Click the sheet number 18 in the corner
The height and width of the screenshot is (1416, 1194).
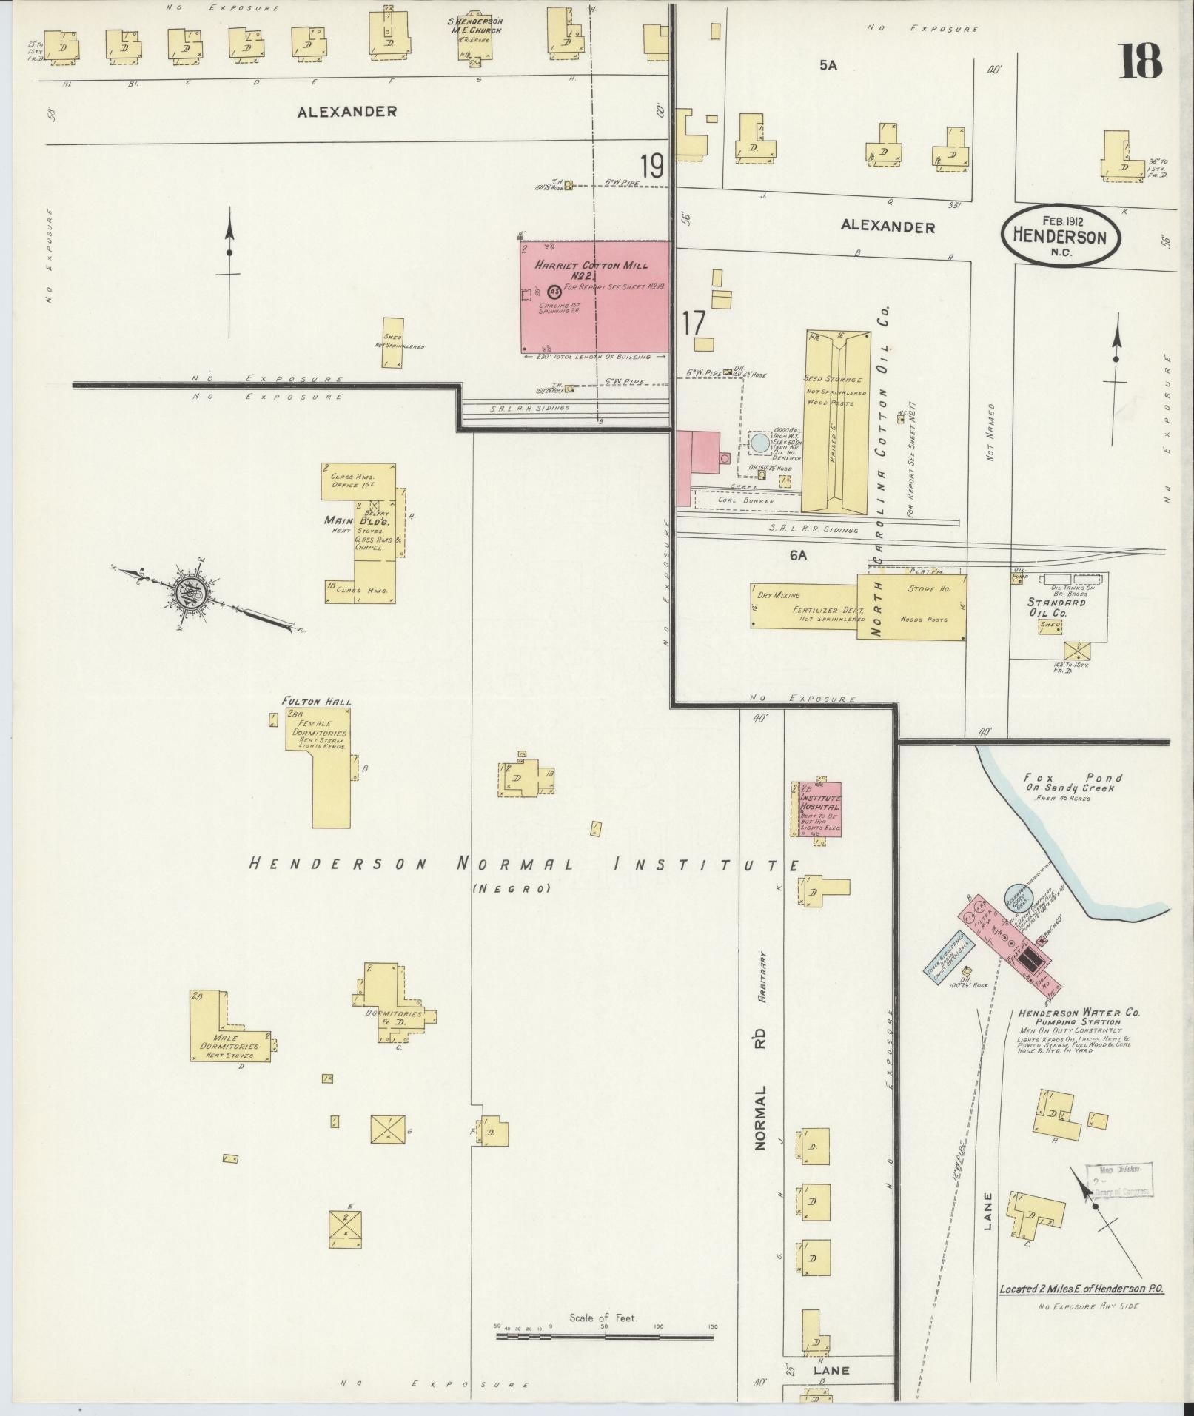tap(1140, 61)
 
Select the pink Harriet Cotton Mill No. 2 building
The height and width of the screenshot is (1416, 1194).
tap(596, 296)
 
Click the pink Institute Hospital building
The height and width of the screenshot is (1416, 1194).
tap(820, 808)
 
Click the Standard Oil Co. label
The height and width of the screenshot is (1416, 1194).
tap(1056, 608)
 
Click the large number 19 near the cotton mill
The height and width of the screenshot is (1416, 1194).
tap(652, 166)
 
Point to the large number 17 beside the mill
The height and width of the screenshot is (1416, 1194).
tap(694, 323)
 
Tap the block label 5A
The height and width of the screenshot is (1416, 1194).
tap(828, 65)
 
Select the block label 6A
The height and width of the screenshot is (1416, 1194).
tap(797, 554)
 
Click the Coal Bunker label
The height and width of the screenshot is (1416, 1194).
tap(745, 500)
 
